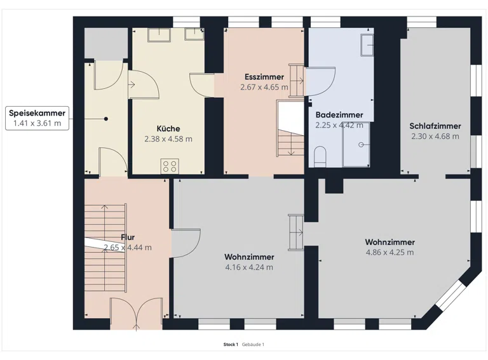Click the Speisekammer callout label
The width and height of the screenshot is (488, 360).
(37, 118)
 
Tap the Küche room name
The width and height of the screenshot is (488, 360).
(168, 129)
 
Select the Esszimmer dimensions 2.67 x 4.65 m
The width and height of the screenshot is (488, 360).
(264, 87)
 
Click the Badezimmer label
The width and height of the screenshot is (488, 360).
(339, 115)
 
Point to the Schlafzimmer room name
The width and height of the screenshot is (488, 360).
(435, 126)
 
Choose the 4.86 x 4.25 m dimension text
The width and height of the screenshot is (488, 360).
(390, 252)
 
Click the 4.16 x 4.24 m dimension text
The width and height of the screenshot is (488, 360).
(249, 267)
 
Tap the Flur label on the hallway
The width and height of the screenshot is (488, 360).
(128, 237)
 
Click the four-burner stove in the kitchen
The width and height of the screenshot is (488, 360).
(170, 166)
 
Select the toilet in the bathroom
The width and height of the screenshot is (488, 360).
(320, 156)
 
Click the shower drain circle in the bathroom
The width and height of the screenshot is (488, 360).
(361, 145)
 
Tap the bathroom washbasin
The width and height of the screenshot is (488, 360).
(367, 45)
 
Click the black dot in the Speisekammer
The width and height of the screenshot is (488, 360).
(106, 119)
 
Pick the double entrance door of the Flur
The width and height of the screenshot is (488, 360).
(137, 312)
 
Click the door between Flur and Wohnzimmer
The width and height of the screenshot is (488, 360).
(186, 243)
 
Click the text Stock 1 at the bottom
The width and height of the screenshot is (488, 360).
(231, 345)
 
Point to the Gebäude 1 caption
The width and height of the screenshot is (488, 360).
(253, 345)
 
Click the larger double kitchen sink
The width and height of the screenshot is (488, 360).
(159, 34)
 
